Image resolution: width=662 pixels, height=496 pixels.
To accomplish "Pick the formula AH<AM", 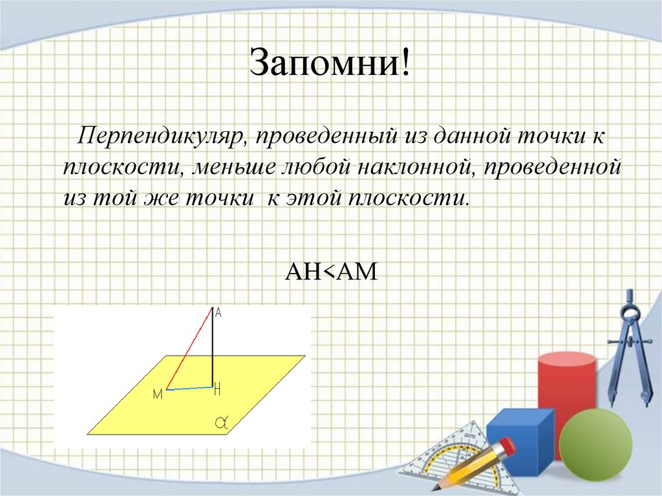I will pyautogui.click(x=331, y=272).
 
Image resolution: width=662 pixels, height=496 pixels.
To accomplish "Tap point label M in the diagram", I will pyautogui.click(x=157, y=394).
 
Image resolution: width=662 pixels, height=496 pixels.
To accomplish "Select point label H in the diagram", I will pyautogui.click(x=217, y=389).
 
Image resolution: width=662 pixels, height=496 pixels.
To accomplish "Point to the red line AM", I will pyautogui.click(x=190, y=349).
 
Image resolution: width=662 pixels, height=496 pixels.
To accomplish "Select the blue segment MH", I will pyautogui.click(x=190, y=388).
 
